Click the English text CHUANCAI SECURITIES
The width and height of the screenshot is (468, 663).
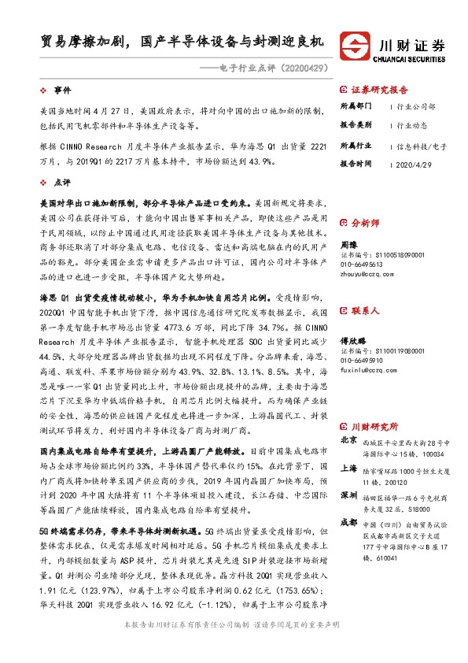click(x=411, y=56)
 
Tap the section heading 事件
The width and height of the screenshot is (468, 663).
click(x=63, y=92)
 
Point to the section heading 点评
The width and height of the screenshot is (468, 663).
click(x=63, y=180)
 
